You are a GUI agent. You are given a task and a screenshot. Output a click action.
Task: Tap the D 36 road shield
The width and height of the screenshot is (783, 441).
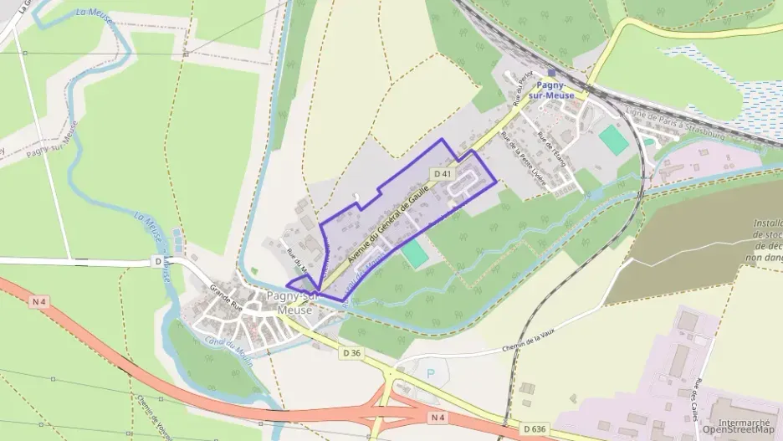tap(351, 353)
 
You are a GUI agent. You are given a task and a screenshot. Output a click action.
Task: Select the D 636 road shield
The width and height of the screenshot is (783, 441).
tap(535, 429)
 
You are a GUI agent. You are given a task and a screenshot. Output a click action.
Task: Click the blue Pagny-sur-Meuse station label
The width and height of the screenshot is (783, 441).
tap(554, 90)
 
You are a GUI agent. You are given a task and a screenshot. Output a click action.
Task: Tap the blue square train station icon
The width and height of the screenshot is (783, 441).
tap(550, 74)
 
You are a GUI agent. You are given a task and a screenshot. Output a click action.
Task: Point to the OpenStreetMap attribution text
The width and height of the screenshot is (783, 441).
tap(739, 432)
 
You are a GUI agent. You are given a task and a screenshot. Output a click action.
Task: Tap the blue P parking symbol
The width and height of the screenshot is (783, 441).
tap(431, 374)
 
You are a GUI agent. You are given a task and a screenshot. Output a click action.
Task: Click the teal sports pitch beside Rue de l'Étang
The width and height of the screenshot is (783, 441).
tap(613, 140)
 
